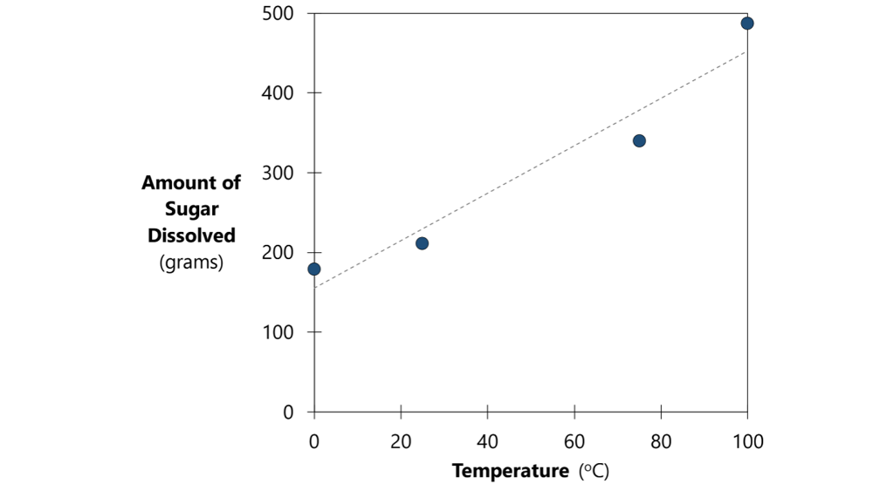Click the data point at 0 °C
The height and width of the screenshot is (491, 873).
[314, 269]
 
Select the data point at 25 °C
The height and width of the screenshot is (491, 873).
[423, 243]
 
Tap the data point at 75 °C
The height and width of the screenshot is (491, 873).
[639, 140]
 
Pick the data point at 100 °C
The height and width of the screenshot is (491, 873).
[747, 23]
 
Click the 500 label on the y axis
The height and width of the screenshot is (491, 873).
[277, 14]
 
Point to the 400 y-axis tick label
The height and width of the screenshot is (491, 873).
[277, 93]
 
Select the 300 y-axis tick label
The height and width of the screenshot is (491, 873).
[277, 173]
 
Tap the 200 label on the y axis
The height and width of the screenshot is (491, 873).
[277, 253]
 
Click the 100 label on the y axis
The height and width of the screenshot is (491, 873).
[277, 332]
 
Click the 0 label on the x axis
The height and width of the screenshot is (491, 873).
[314, 441]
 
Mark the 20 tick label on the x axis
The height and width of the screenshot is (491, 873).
[401, 441]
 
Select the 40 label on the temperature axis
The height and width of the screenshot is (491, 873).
[487, 441]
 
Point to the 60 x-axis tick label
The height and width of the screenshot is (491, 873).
[574, 441]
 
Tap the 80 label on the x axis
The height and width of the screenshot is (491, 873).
[661, 441]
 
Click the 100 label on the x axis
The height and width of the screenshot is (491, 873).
[747, 441]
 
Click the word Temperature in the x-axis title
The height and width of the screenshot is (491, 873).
[510, 472]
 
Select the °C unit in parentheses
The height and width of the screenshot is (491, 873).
[594, 472]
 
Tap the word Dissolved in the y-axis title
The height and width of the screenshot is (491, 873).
[191, 235]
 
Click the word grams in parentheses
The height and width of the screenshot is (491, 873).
[191, 262]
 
